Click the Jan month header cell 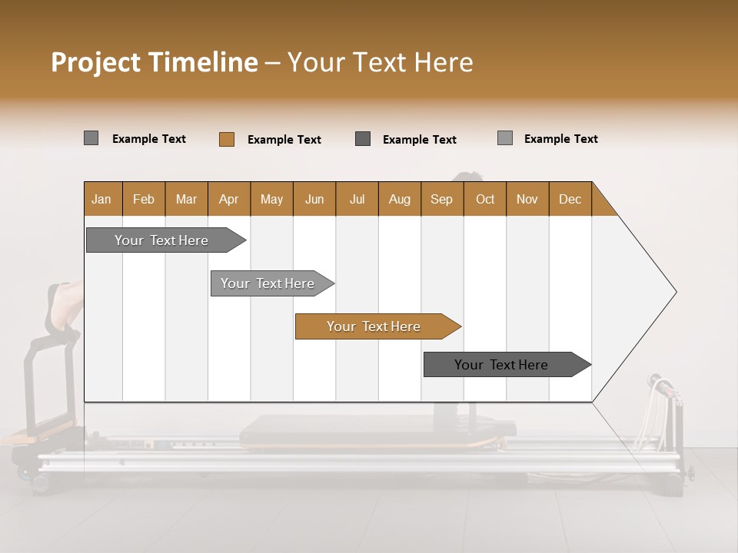pyautogui.click(x=102, y=199)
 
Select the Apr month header pyautogui.click(x=229, y=199)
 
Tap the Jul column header pyautogui.click(x=357, y=199)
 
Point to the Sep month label pyautogui.click(x=441, y=199)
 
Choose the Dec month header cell pyautogui.click(x=570, y=199)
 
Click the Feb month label pyautogui.click(x=144, y=199)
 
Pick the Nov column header pyautogui.click(x=527, y=199)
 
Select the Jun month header pyautogui.click(x=314, y=199)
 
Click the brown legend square pyautogui.click(x=227, y=139)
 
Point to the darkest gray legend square pyautogui.click(x=363, y=139)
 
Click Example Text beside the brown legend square pyautogui.click(x=284, y=140)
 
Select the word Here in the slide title pyautogui.click(x=444, y=62)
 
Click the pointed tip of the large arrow pyautogui.click(x=674, y=292)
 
